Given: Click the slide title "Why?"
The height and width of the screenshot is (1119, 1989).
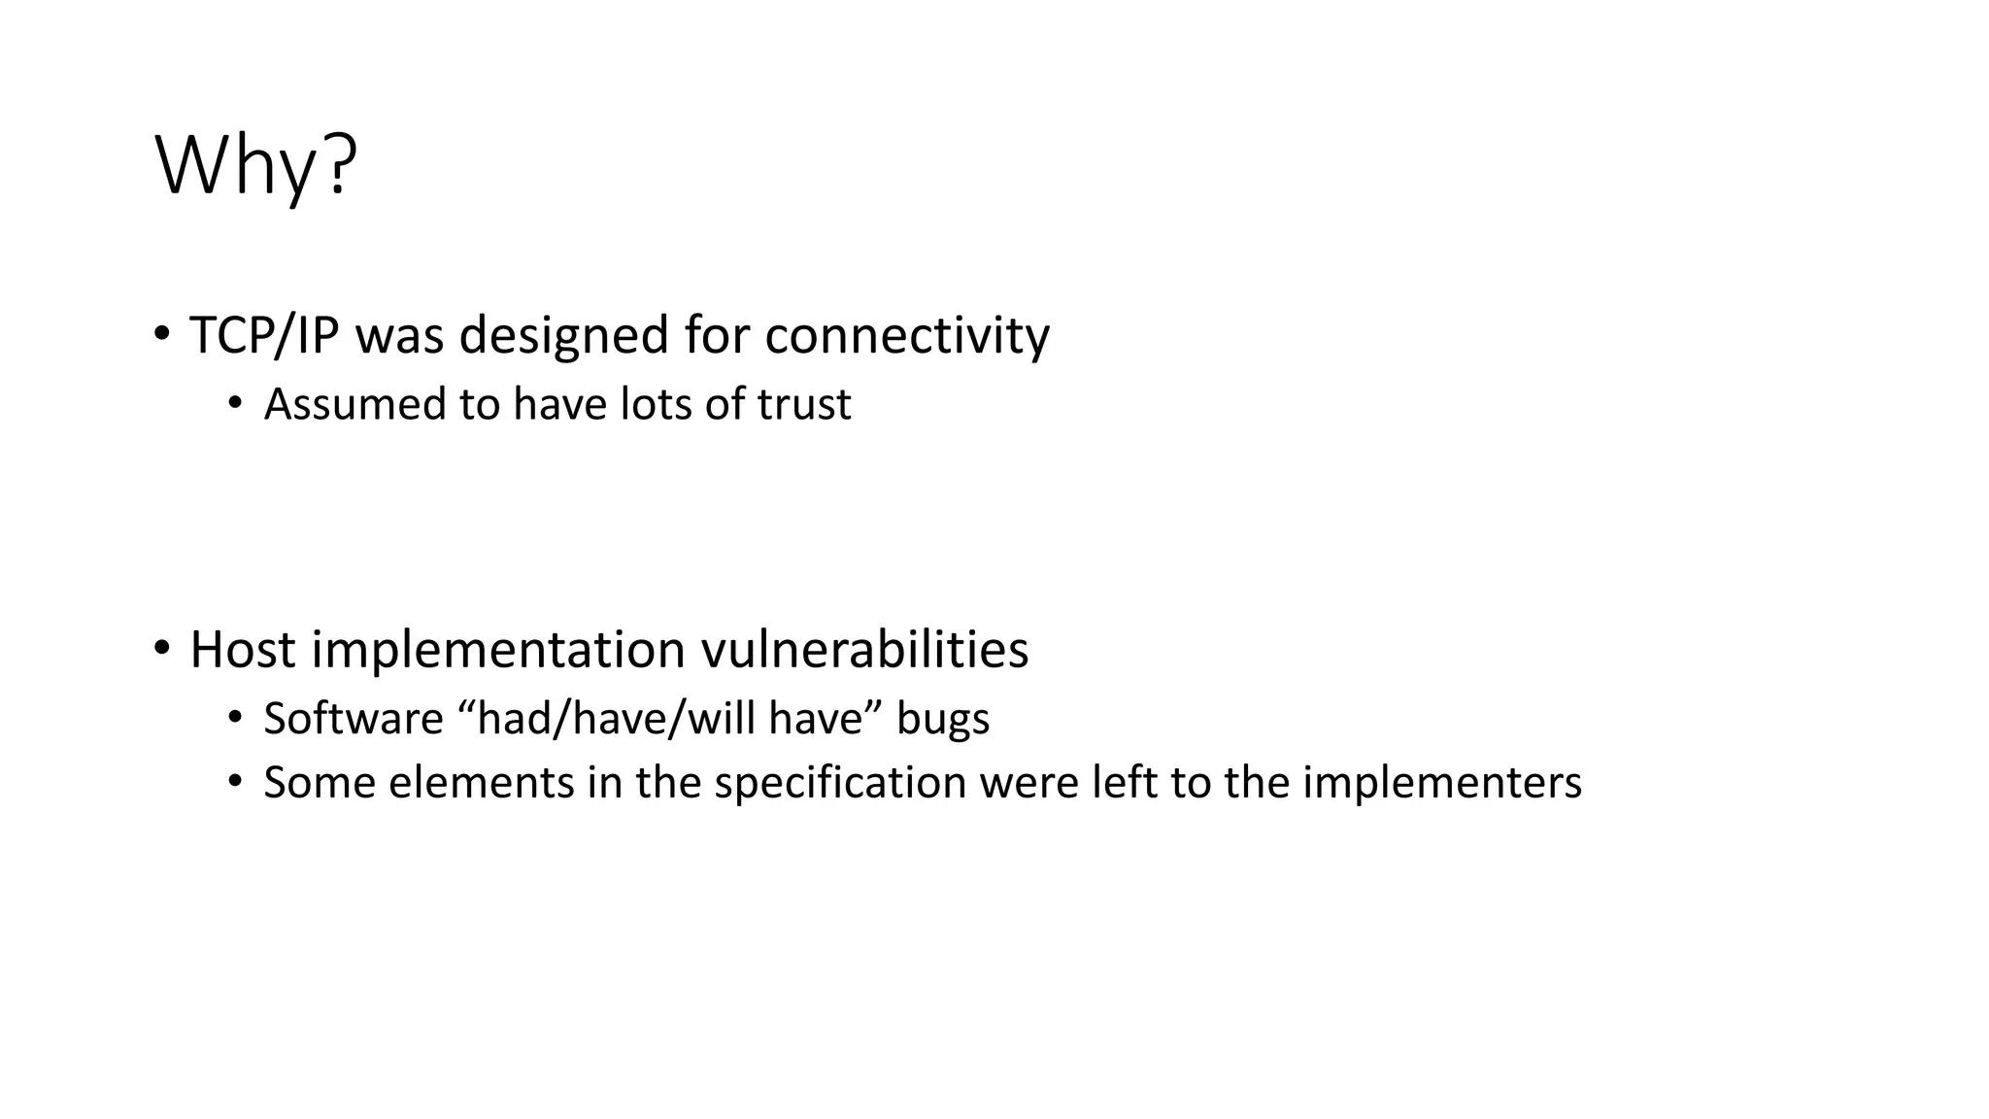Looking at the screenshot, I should tap(256, 167).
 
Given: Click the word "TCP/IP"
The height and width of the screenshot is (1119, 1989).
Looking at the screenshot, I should tap(264, 335).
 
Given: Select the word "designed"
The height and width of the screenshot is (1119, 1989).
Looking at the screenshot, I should tap(564, 335).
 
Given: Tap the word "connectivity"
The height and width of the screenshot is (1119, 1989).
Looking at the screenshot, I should tap(907, 335).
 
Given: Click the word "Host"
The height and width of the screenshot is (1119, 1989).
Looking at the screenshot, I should tap(243, 649).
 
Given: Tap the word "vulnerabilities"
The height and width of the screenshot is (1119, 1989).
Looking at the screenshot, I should tap(864, 649).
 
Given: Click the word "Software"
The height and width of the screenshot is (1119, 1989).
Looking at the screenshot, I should tap(354, 719).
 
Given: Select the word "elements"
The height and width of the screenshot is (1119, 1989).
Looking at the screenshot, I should tap(482, 783).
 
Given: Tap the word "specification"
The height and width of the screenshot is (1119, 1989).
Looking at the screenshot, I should tap(840, 783).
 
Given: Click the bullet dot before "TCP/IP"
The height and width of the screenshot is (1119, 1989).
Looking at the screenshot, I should tap(161, 334).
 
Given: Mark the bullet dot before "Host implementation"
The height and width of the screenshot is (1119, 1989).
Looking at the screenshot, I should tap(161, 647).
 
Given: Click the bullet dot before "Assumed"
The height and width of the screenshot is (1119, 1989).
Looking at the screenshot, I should tap(234, 403).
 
